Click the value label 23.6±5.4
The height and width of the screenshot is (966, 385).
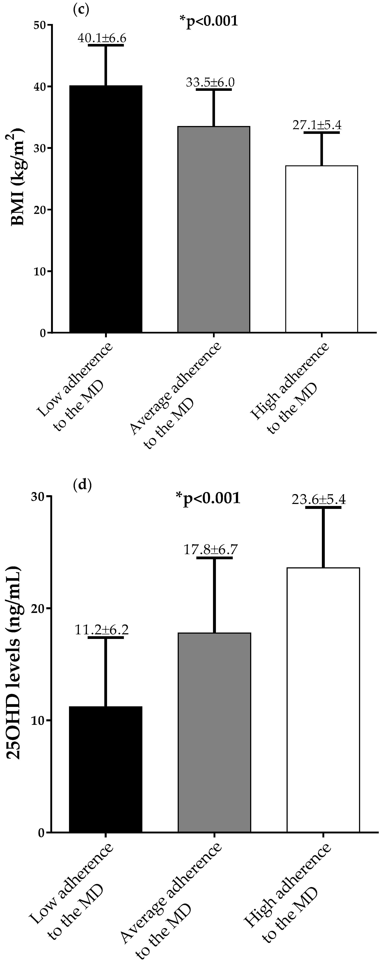(319, 500)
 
